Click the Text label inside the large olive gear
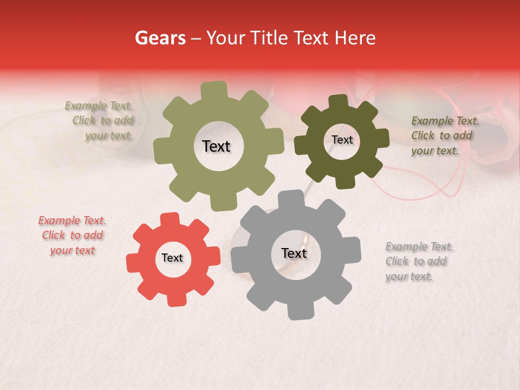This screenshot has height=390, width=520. pos(216,146)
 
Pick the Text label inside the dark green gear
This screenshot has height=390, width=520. pos(342,140)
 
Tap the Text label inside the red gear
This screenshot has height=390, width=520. pos(172,258)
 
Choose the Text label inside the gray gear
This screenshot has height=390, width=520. pos(294,253)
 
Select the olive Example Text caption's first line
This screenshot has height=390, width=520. pos(99,106)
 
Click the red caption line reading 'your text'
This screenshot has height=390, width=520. pos(72,250)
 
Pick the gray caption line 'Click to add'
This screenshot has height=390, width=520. pos(416,261)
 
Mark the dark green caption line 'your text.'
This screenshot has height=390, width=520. pos(435,151)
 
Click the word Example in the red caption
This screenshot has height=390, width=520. pos(59,220)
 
